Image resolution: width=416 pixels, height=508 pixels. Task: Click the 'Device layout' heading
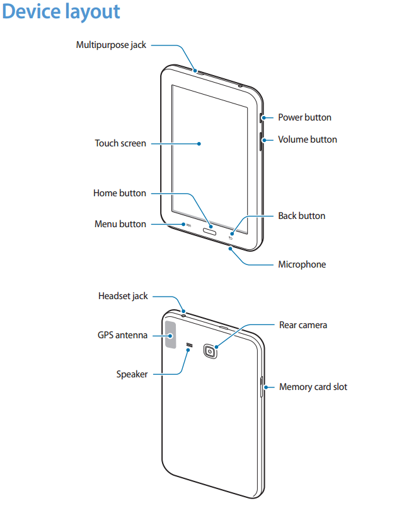click(x=61, y=12)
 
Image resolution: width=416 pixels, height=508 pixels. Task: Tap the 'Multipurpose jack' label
click(x=111, y=45)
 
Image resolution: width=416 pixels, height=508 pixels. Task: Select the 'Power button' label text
click(x=304, y=117)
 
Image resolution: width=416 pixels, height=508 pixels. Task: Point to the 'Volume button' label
click(x=308, y=139)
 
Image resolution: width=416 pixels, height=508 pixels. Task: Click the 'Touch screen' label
click(x=120, y=143)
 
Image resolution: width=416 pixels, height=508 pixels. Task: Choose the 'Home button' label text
click(x=120, y=193)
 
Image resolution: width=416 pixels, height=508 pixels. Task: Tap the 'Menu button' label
click(x=120, y=224)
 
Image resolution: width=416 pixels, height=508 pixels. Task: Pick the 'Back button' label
click(x=302, y=216)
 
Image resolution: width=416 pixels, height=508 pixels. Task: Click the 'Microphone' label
click(x=302, y=264)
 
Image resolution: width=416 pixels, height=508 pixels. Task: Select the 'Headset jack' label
click(x=123, y=296)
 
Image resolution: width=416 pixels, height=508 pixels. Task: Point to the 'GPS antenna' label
click(x=122, y=335)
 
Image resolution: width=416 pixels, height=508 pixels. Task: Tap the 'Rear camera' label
click(x=303, y=325)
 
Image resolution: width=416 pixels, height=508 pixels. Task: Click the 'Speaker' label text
click(x=132, y=374)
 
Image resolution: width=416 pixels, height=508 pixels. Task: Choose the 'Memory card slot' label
click(x=313, y=387)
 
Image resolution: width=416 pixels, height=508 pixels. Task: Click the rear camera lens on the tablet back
click(x=211, y=350)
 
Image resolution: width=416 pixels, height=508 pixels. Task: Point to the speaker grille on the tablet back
click(x=189, y=345)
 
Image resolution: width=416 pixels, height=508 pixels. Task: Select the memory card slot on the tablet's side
click(x=262, y=387)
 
